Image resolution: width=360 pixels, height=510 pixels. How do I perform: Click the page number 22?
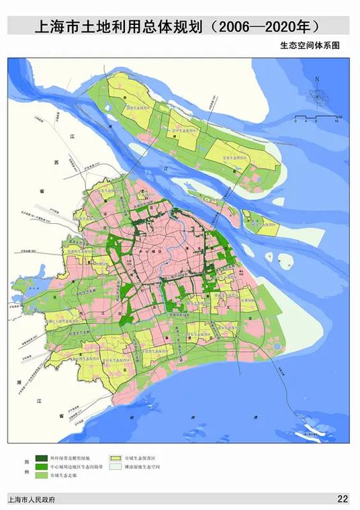[343, 499]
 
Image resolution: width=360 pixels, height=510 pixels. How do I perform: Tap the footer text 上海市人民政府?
[32, 499]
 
